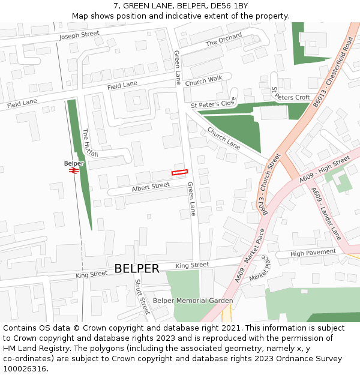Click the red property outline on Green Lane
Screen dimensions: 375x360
tap(180, 172)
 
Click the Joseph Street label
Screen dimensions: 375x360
tap(79, 35)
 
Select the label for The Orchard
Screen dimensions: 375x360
tap(224, 40)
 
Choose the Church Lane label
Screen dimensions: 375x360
tap(223, 139)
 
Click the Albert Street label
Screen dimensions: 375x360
tap(151, 187)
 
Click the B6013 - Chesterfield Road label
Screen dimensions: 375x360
tap(333, 72)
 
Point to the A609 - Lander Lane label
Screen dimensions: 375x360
tap(326, 214)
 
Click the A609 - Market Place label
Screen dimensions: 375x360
tap(250, 254)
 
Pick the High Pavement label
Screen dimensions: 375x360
tap(313, 253)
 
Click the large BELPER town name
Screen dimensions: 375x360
tap(137, 268)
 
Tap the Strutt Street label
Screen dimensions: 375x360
tap(142, 296)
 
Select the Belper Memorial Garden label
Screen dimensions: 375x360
tap(193, 301)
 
